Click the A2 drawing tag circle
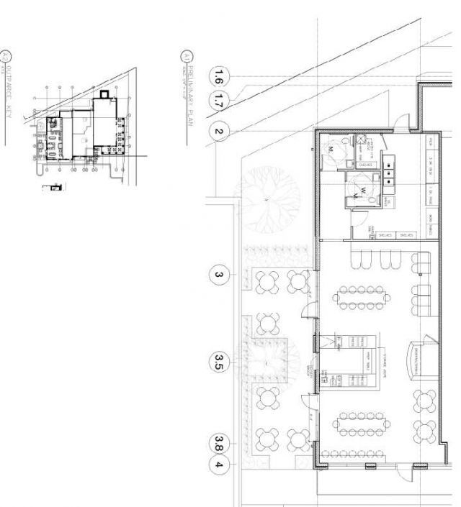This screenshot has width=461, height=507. tap(7, 55)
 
